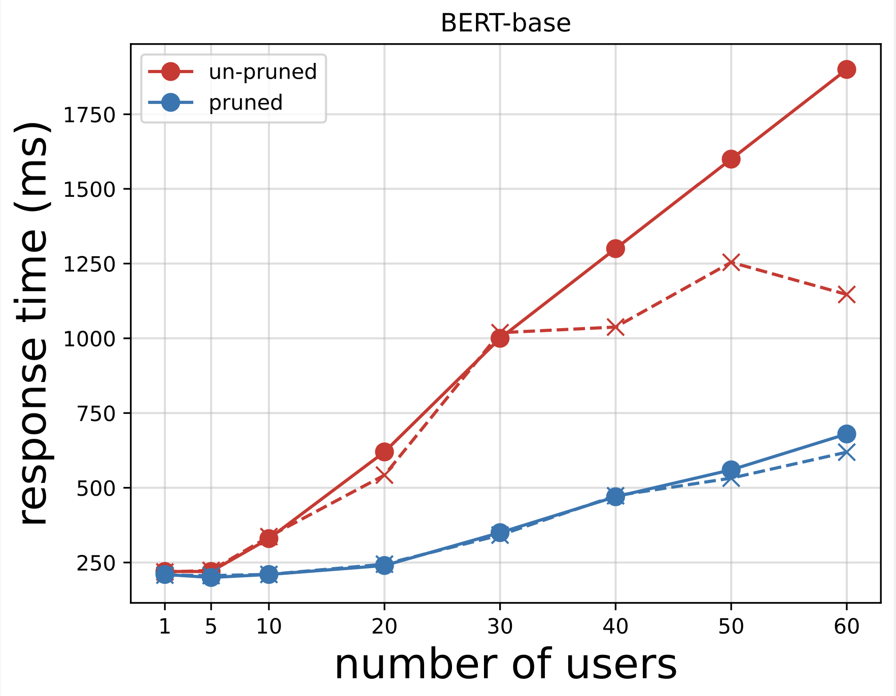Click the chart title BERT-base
(505, 23)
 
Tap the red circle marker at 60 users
(846, 69)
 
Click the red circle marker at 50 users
(731, 159)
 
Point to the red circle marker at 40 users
(615, 249)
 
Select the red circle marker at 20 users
(384, 451)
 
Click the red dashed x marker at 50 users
(731, 262)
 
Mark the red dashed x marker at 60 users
(846, 294)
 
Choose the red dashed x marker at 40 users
(615, 327)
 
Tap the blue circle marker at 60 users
(846, 434)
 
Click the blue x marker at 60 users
(846, 452)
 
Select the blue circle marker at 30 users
(500, 532)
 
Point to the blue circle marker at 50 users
(731, 469)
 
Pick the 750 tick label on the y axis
(96, 413)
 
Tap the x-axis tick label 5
(211, 628)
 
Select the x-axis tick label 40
(615, 628)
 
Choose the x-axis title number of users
(505, 665)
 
